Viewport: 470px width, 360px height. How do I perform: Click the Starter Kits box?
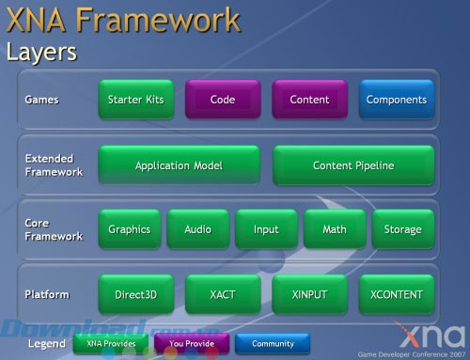pyautogui.click(x=136, y=99)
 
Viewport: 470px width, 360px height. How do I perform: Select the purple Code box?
pyautogui.click(x=223, y=99)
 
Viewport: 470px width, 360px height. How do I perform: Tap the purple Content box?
pyautogui.click(x=309, y=99)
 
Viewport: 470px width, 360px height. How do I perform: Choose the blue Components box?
pyautogui.click(x=396, y=99)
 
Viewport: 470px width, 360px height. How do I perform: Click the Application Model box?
pyautogui.click(x=180, y=165)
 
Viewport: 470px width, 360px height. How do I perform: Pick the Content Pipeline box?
pyautogui.click(x=353, y=165)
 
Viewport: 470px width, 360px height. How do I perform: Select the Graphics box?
pyautogui.click(x=130, y=229)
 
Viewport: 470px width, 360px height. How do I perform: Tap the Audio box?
pyautogui.click(x=197, y=229)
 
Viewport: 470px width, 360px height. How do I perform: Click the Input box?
pyautogui.click(x=265, y=229)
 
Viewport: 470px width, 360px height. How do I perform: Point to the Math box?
pyautogui.click(x=334, y=229)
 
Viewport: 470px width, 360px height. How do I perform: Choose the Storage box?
pyautogui.click(x=402, y=229)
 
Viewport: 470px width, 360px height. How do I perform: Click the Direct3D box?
pyautogui.click(x=136, y=294)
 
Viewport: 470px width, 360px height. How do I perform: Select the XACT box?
pyautogui.click(x=223, y=294)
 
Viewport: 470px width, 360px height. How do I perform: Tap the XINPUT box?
pyautogui.click(x=309, y=294)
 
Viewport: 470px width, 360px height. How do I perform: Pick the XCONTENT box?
pyautogui.click(x=396, y=294)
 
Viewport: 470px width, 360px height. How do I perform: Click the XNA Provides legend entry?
pyautogui.click(x=111, y=344)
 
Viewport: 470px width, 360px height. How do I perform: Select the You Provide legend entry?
pyautogui.click(x=192, y=344)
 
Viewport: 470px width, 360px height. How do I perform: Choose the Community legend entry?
pyautogui.click(x=273, y=344)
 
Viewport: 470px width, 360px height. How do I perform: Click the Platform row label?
pyautogui.click(x=48, y=294)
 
